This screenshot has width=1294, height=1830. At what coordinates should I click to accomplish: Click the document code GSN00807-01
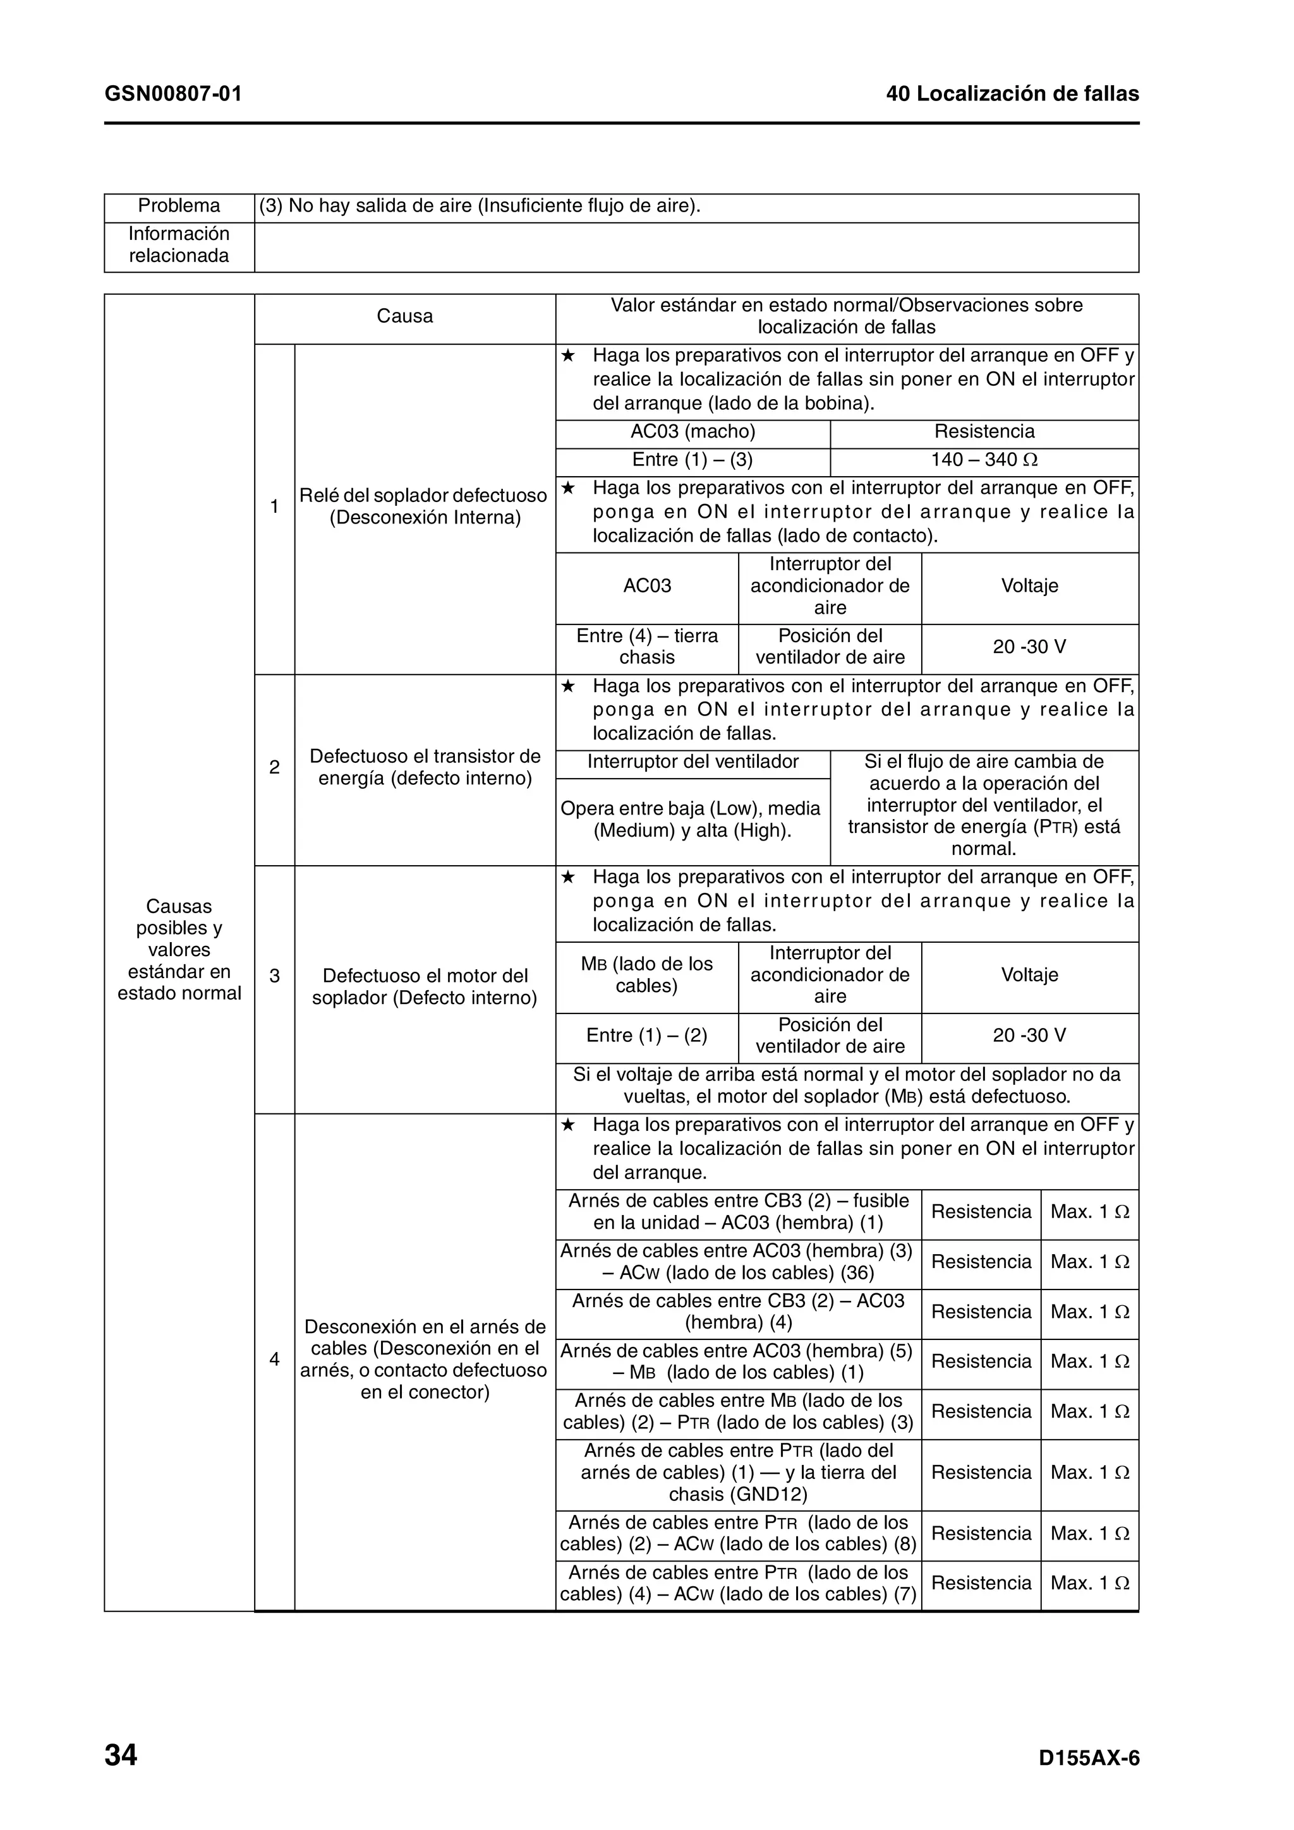click(173, 94)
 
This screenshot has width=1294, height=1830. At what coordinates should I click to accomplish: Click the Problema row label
click(179, 206)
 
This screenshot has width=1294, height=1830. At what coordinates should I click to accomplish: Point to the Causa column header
click(404, 316)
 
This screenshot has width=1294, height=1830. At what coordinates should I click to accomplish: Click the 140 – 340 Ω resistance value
click(984, 460)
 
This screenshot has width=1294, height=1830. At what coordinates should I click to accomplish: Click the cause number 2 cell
click(274, 767)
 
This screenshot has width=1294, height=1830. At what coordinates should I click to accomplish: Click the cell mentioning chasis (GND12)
click(737, 1472)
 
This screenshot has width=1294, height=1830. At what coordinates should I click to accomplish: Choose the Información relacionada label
click(179, 244)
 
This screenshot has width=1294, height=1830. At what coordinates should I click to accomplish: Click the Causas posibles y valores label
click(179, 949)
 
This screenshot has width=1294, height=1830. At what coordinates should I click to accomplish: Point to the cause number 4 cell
click(274, 1359)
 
